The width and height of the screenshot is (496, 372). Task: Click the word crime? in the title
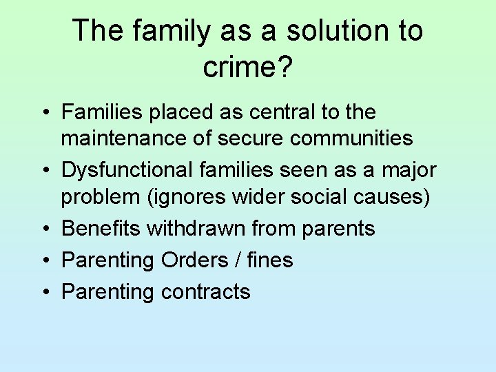click(247, 67)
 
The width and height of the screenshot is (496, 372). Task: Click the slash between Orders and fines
click(238, 260)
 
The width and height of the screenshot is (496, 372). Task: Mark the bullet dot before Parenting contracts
click(43, 292)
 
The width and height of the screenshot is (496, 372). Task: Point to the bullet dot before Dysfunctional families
click(43, 170)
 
